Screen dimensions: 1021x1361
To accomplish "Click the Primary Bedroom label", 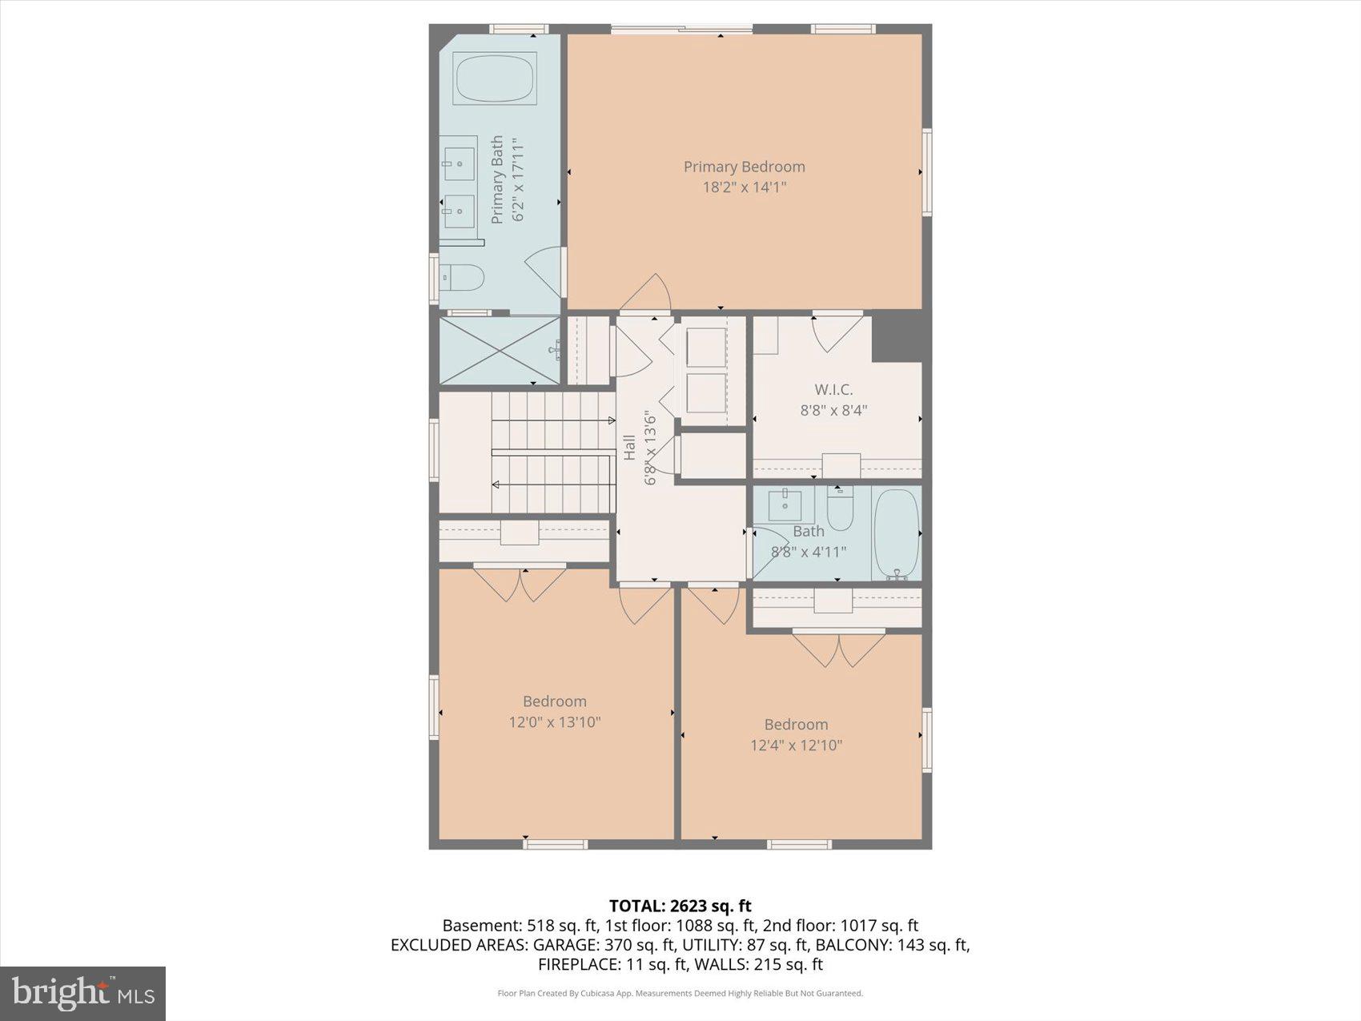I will pyautogui.click(x=744, y=167).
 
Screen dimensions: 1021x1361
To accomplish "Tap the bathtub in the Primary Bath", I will pyautogui.click(x=494, y=78).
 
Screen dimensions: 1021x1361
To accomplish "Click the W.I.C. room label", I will pyautogui.click(x=833, y=390).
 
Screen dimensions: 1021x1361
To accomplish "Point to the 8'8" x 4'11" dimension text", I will pyautogui.click(x=808, y=552).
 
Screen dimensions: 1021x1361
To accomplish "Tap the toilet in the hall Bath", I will pyautogui.click(x=839, y=509).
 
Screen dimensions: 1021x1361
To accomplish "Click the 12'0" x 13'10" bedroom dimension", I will pyautogui.click(x=555, y=722).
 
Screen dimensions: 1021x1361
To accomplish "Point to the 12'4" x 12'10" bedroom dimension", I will pyautogui.click(x=796, y=746).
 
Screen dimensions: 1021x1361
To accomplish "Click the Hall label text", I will pyautogui.click(x=630, y=448).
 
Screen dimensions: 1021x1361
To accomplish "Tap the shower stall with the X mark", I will pyautogui.click(x=500, y=351).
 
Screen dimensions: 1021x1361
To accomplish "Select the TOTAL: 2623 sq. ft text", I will pyautogui.click(x=680, y=906).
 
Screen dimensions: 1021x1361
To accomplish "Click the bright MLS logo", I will pyautogui.click(x=83, y=994).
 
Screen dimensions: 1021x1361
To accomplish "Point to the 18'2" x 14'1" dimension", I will pyautogui.click(x=744, y=187).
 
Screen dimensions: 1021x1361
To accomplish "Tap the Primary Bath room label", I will pyautogui.click(x=497, y=180).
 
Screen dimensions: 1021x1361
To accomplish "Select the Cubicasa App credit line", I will pyautogui.click(x=680, y=994).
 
